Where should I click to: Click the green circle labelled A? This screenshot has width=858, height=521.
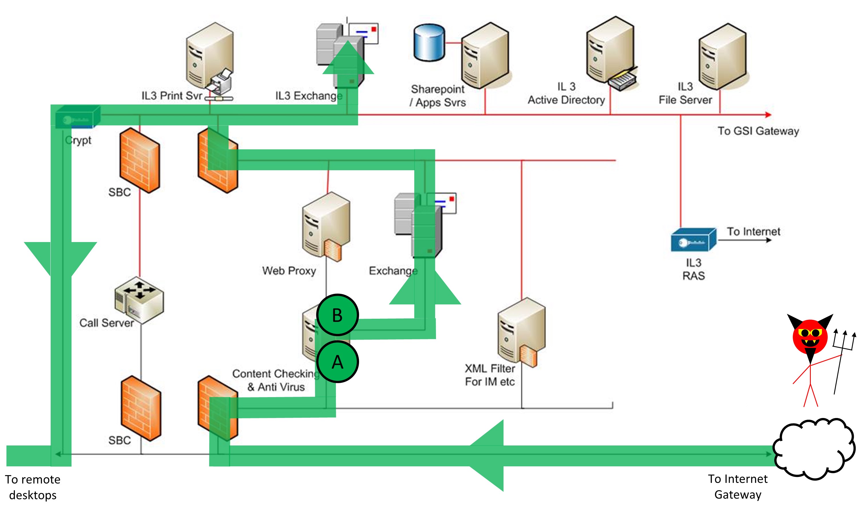[337, 362]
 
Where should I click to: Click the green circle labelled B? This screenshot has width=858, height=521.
[337, 315]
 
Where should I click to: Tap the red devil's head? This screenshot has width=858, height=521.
[810, 336]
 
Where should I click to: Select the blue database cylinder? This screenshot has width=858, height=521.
[429, 43]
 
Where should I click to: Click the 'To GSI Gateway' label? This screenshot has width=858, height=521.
[758, 131]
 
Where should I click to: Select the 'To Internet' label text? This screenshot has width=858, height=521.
[753, 231]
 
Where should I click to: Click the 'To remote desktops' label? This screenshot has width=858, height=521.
[33, 487]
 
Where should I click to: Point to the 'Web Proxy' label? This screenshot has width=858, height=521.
[289, 271]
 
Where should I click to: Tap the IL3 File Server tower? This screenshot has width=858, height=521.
[722, 56]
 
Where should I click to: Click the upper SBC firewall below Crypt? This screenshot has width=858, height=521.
[140, 161]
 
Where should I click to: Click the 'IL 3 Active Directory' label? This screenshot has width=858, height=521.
[566, 93]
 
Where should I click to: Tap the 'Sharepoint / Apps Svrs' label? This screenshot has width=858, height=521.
[438, 96]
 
